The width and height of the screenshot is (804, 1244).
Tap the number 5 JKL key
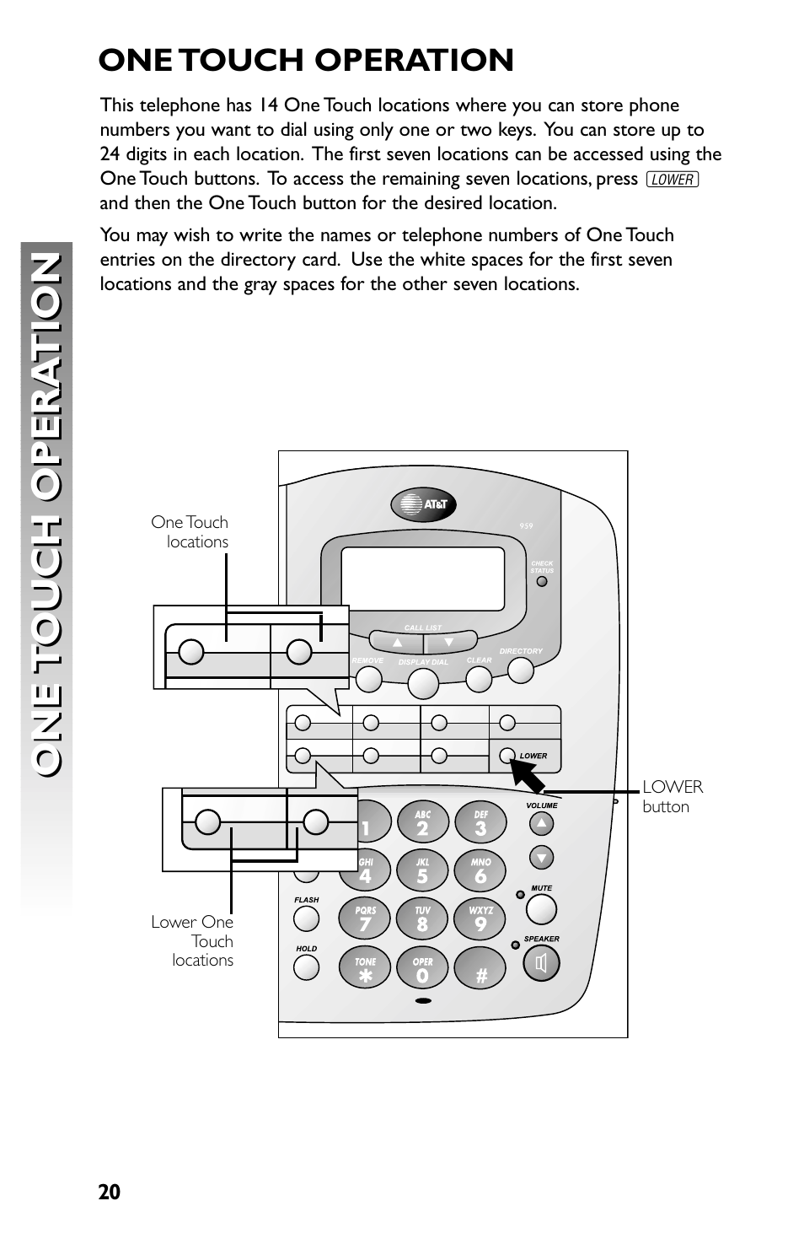click(x=422, y=870)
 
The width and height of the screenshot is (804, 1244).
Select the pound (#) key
click(x=480, y=969)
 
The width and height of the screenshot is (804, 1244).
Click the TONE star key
click(x=365, y=969)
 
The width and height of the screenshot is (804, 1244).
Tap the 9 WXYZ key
click(x=480, y=918)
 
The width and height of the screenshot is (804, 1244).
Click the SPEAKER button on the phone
click(x=541, y=963)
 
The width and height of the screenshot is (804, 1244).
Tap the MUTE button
click(x=541, y=909)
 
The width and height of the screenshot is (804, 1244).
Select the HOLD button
click(x=307, y=967)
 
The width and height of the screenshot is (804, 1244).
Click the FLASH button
click(x=307, y=918)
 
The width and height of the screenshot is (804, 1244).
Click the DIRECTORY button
click(x=521, y=670)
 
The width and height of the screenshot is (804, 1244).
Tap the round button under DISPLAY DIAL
click(x=423, y=683)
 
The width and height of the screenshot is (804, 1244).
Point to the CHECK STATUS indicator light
click(x=542, y=582)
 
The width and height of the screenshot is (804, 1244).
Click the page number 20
click(x=110, y=1192)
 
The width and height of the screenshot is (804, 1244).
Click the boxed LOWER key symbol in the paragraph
click(x=673, y=180)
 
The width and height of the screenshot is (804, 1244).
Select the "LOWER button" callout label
click(x=672, y=796)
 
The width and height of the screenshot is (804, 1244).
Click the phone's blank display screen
click(x=423, y=578)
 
